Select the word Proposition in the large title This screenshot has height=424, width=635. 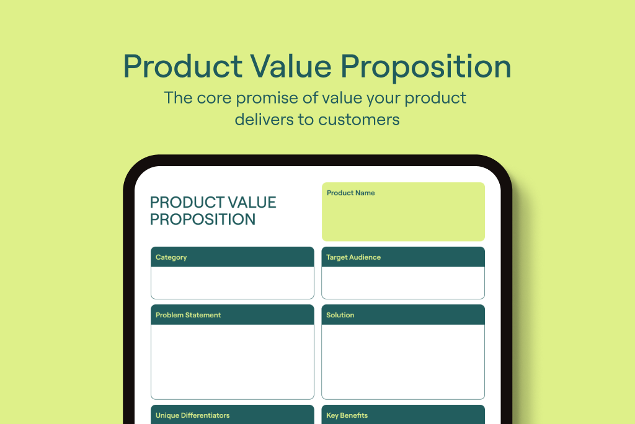click(430, 66)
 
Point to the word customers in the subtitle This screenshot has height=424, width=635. click(359, 119)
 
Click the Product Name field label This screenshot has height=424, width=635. click(350, 193)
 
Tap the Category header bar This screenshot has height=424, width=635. click(232, 257)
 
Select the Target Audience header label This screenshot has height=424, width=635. click(353, 257)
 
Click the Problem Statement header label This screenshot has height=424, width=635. click(188, 315)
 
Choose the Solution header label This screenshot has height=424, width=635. click(340, 315)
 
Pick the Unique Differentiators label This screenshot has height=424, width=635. click(192, 415)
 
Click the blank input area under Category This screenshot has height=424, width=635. click(232, 283)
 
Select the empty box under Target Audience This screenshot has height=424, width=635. click(402, 283)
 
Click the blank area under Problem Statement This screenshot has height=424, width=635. click(232, 361)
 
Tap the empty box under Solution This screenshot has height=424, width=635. click(402, 361)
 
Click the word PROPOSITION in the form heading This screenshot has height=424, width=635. click(203, 219)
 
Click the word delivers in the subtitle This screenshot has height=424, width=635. click(264, 119)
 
